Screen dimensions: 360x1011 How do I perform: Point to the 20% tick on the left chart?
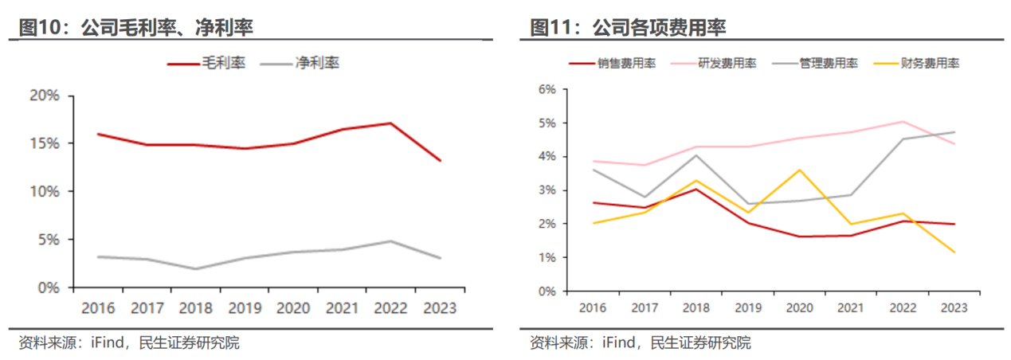pos(45,96)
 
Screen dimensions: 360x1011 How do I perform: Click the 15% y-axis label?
pos(45,143)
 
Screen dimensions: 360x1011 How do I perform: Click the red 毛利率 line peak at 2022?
pos(390,123)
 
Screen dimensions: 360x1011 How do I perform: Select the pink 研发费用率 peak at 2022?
pos(903,122)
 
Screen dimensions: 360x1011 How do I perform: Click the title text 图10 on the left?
pos(40,28)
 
